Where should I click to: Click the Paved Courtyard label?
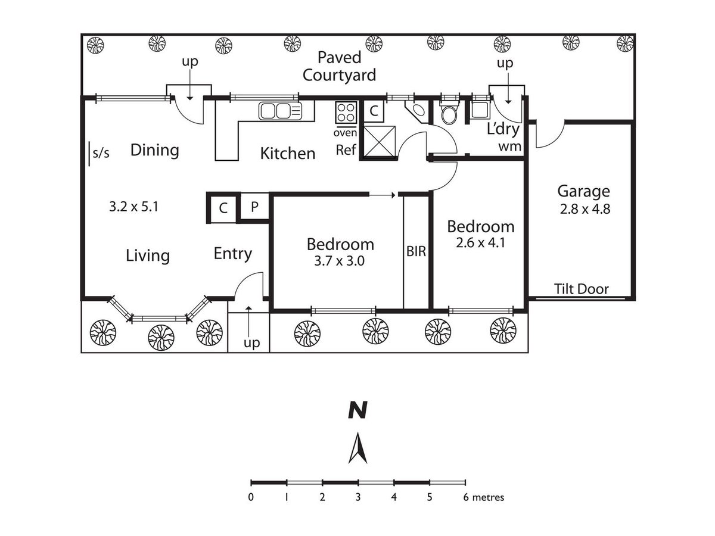[339, 66]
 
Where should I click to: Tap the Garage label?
[583, 192]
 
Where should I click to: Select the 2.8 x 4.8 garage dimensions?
[585, 209]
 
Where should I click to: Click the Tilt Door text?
[582, 289]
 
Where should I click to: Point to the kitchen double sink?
[281, 111]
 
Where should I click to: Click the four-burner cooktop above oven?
[346, 113]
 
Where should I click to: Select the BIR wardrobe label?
[416, 251]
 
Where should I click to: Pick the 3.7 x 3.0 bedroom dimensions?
[339, 261]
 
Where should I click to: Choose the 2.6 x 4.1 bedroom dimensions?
[480, 243]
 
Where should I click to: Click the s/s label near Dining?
[101, 152]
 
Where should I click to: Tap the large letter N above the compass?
[357, 410]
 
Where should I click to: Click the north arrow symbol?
[357, 448]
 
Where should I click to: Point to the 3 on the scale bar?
[358, 497]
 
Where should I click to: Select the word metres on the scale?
[488, 497]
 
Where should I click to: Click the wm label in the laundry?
[510, 147]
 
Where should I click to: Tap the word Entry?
[232, 254]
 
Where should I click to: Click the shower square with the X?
[379, 141]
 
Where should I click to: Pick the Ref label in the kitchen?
[346, 150]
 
